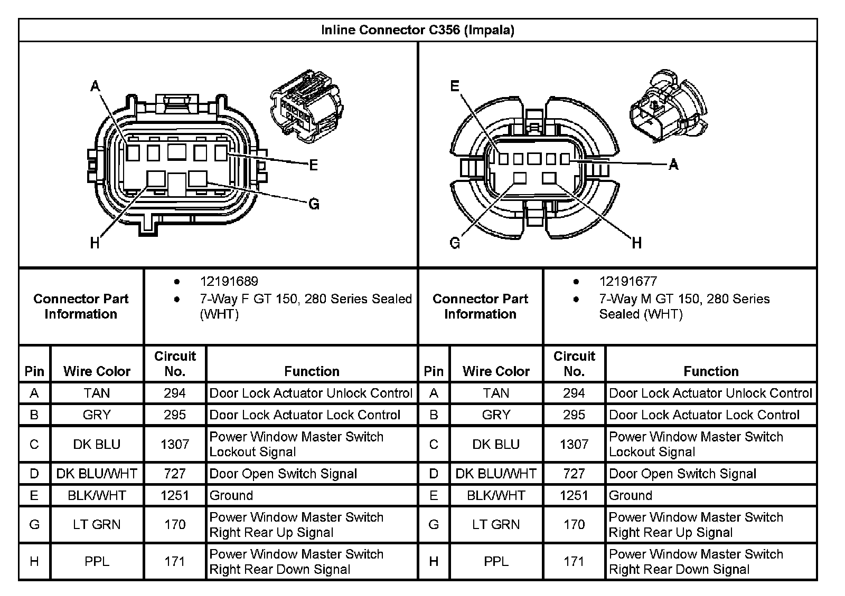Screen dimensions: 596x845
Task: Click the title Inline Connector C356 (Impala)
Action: [x=417, y=30]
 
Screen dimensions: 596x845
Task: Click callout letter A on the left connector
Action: [x=95, y=85]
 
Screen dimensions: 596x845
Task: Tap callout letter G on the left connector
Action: [x=314, y=204]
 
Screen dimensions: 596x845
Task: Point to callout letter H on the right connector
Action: [x=637, y=243]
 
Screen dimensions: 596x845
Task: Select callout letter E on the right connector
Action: [x=455, y=86]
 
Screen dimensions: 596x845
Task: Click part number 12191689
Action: [x=229, y=282]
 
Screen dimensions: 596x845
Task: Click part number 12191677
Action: [x=628, y=282]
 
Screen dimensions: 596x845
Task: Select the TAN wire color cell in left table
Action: [x=97, y=393]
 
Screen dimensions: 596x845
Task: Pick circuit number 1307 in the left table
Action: [x=175, y=444]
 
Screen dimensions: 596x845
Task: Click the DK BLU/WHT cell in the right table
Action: [x=496, y=474]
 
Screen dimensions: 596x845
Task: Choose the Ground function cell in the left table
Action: [x=231, y=495]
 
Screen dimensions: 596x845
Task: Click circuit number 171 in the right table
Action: [x=574, y=561]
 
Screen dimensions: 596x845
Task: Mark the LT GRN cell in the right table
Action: [x=496, y=524]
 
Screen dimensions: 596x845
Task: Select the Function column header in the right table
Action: [x=711, y=371]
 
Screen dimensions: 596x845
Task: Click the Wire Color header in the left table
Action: [x=97, y=371]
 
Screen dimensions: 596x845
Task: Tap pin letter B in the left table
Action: [x=34, y=415]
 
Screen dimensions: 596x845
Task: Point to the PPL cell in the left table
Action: [x=97, y=561]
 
